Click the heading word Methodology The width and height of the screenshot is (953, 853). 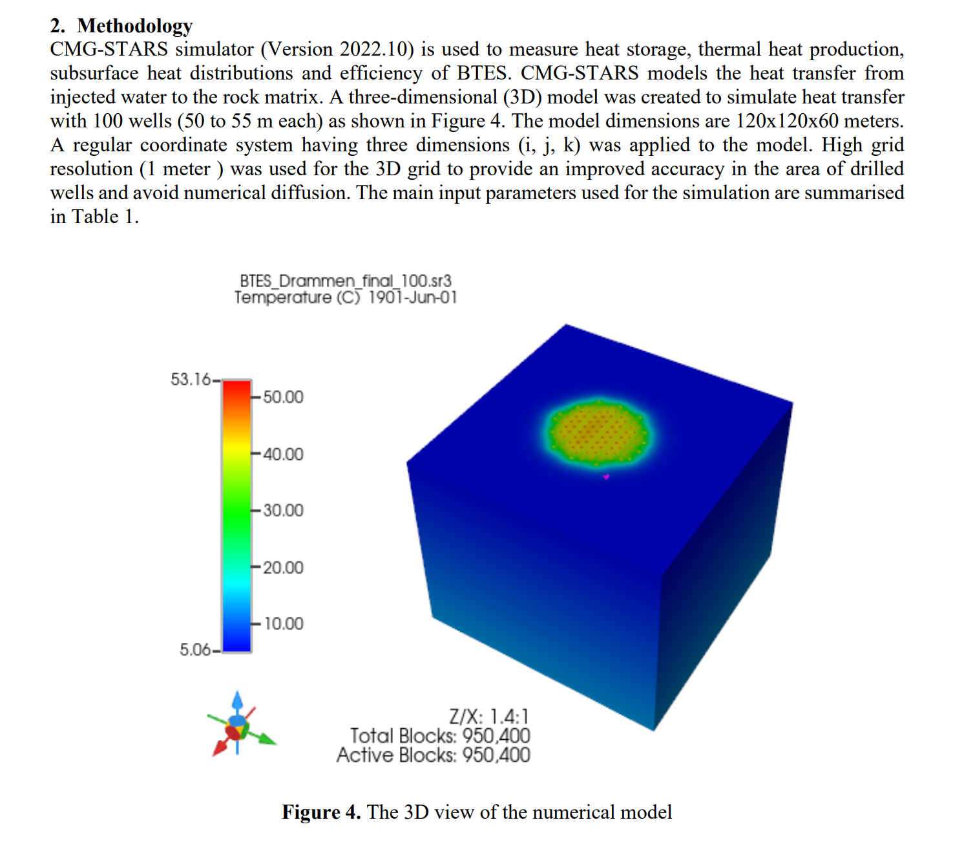134,26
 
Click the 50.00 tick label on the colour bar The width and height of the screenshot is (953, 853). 283,397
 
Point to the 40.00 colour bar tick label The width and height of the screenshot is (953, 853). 283,454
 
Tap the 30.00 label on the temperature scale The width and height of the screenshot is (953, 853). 283,510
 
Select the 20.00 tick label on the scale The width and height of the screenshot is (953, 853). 283,567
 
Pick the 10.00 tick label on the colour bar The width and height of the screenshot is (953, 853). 283,623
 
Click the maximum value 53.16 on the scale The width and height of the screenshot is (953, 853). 191,379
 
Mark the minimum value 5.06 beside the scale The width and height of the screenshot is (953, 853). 195,649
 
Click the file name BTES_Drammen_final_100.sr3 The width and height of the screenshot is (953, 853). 345,281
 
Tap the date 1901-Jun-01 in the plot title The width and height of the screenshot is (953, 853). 412,297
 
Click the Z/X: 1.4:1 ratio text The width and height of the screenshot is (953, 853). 488,717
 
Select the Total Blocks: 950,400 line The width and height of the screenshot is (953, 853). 440,736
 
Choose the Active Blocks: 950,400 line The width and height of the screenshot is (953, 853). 433,755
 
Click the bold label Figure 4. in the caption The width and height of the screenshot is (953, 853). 321,812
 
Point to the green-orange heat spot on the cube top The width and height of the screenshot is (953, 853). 598,432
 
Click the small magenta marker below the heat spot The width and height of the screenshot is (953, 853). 606,477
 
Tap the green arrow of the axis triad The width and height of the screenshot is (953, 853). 266,739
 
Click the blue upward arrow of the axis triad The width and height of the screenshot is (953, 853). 237,700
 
